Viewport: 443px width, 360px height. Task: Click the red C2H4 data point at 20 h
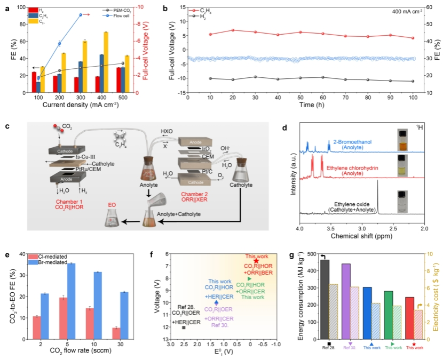click(232, 30)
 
